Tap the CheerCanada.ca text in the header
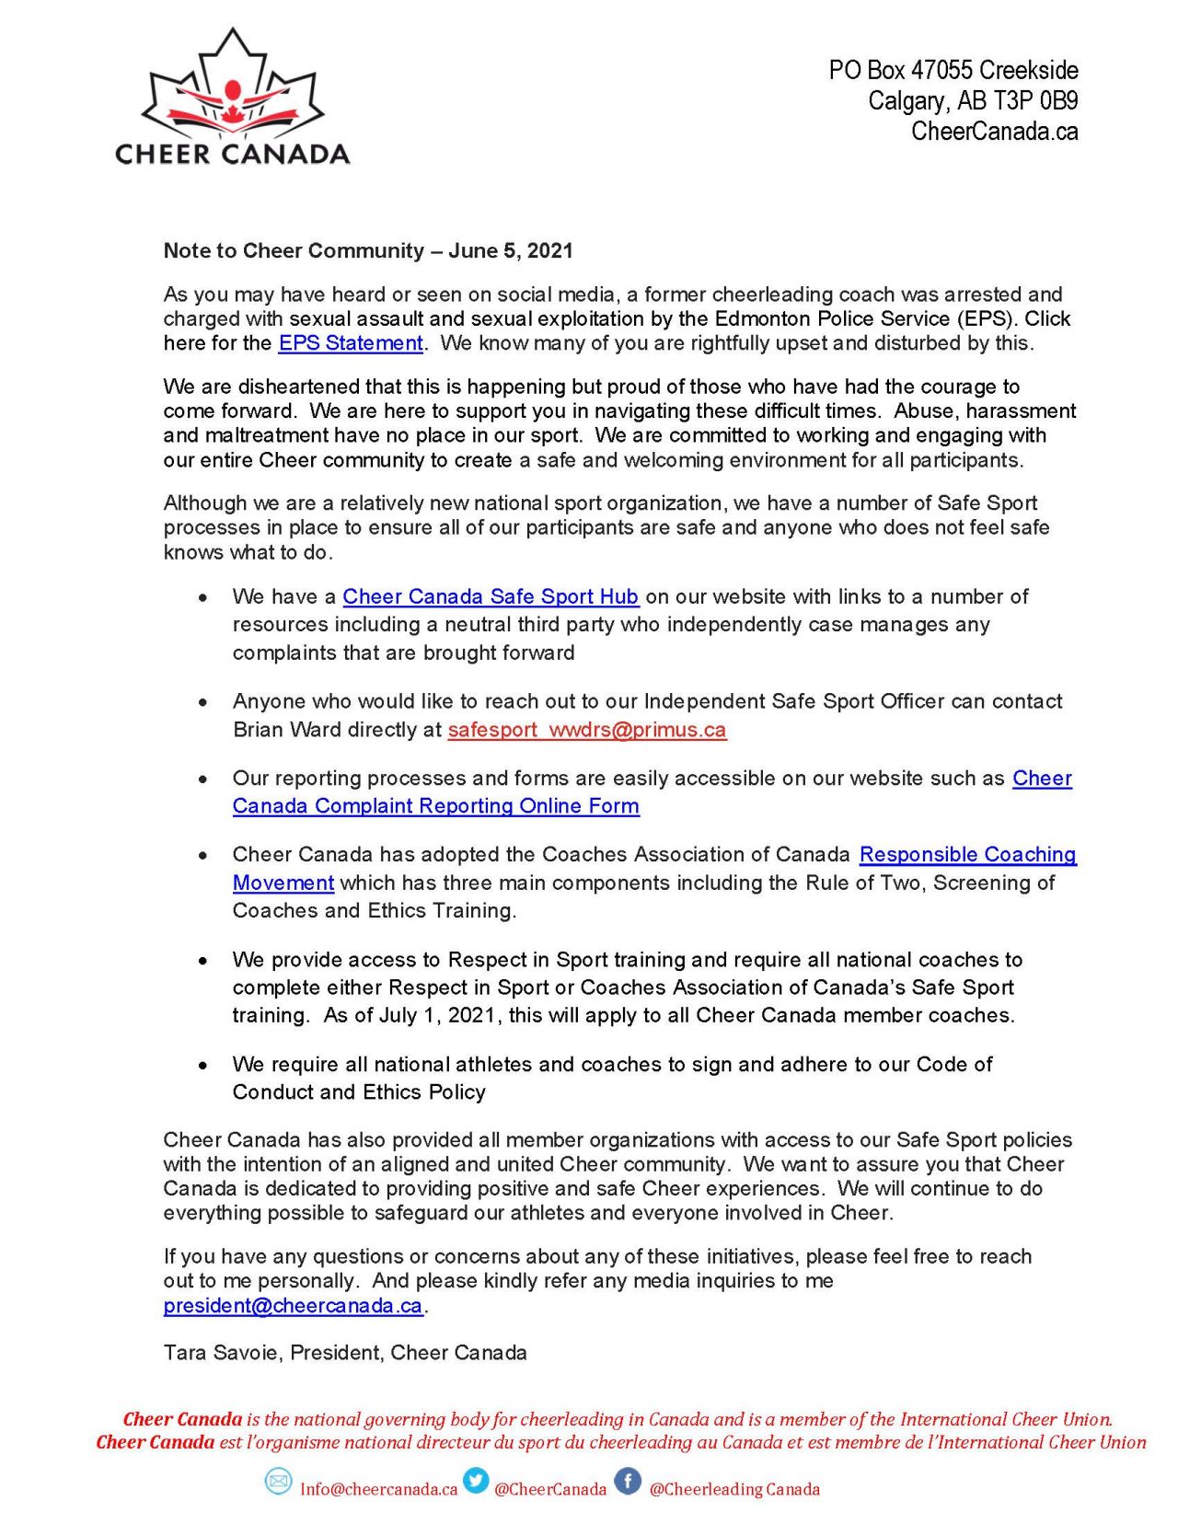(x=994, y=132)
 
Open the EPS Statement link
(x=351, y=343)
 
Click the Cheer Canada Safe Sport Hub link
(x=491, y=596)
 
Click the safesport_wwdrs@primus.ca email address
(x=586, y=730)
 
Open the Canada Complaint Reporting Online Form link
(x=435, y=806)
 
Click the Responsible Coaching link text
(x=967, y=855)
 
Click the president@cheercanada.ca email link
(x=293, y=1306)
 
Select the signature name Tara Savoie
(x=225, y=1353)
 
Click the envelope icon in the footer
(x=278, y=1482)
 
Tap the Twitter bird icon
(x=476, y=1481)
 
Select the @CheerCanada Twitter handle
(x=549, y=1489)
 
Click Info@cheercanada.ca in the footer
(x=378, y=1489)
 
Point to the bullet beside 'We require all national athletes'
(x=202, y=1066)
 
